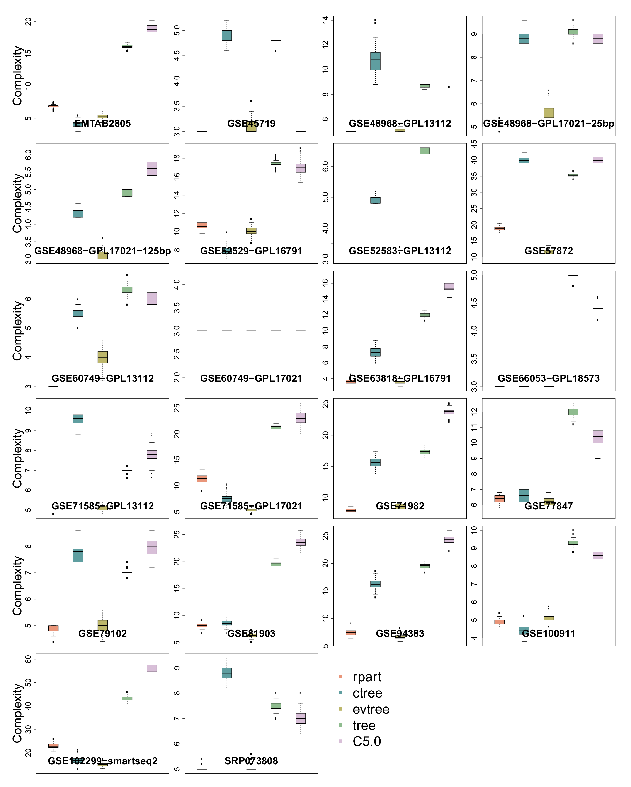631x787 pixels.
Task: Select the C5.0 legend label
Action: (366, 741)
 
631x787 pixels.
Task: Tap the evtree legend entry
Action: (371, 709)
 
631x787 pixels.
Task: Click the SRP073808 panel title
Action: (251, 761)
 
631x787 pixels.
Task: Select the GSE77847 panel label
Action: (549, 506)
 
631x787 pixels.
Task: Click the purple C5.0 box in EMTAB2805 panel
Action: (152, 28)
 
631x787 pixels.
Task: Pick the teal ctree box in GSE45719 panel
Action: (227, 35)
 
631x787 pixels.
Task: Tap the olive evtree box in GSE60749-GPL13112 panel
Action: (103, 357)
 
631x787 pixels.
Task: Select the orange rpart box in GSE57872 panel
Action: (499, 229)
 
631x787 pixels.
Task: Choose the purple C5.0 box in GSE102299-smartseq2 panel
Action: (152, 668)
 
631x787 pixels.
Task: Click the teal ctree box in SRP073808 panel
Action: (227, 673)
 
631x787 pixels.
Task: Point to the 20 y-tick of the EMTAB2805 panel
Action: (28, 22)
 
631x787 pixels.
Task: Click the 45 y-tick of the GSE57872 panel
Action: (474, 144)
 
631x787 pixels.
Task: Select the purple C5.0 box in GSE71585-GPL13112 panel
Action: (152, 454)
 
